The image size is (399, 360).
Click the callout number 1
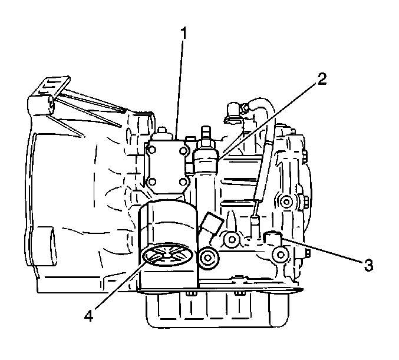click(x=184, y=34)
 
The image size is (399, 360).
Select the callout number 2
click(x=322, y=79)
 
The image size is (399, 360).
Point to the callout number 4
click(x=88, y=316)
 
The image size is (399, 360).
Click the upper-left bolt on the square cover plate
click(x=152, y=150)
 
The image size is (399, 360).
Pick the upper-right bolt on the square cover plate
click(x=183, y=151)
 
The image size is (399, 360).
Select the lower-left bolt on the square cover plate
click(x=152, y=182)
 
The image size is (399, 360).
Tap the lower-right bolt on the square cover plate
click(x=183, y=182)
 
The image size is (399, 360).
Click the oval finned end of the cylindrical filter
click(x=167, y=255)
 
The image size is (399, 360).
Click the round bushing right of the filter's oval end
click(x=209, y=258)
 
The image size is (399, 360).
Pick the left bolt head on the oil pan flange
click(x=192, y=294)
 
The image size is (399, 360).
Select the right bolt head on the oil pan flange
click(x=239, y=294)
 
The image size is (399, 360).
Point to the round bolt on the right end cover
click(x=287, y=202)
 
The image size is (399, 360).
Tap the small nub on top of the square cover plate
click(x=162, y=133)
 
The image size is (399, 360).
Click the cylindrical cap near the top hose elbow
click(x=232, y=111)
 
